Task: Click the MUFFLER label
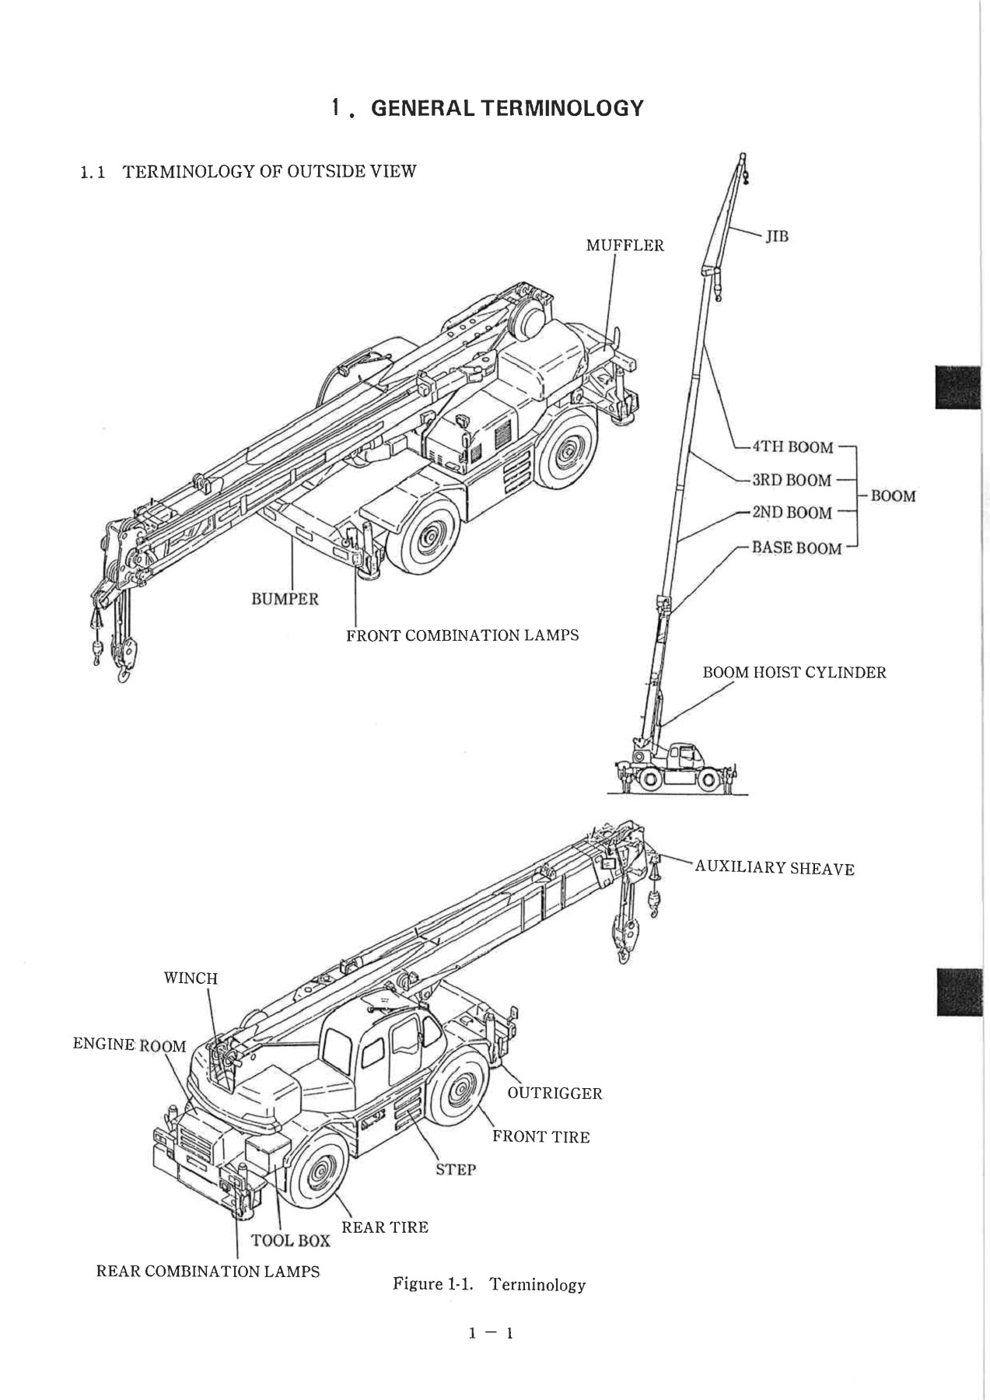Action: point(624,246)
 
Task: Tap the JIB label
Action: point(777,236)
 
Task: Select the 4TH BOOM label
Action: point(792,447)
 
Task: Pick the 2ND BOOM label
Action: point(792,513)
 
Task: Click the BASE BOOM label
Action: point(796,548)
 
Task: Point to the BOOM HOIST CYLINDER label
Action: point(794,673)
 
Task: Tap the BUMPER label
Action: point(285,599)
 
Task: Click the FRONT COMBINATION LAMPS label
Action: point(462,635)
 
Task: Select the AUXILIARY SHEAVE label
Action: point(775,868)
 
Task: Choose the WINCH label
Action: point(191,978)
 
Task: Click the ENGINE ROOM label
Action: point(129,1045)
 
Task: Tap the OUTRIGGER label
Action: point(554,1094)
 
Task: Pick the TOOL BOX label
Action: point(290,1241)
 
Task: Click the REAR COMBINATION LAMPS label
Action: point(208,1272)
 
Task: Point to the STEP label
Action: point(456,1169)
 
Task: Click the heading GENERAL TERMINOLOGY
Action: point(508,108)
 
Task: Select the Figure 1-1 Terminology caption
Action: point(489,1283)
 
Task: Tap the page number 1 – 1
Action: point(490,1334)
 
